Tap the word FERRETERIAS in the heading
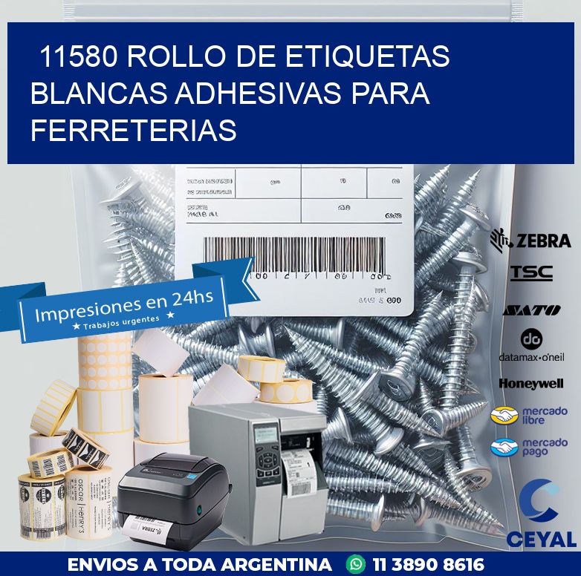(134, 131)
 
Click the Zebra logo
(530, 240)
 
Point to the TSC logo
(531, 273)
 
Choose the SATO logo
(531, 310)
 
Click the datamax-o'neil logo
(531, 346)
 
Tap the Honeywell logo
(531, 384)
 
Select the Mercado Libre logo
(529, 415)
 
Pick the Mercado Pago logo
(529, 448)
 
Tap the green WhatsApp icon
(357, 564)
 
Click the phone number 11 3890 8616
(427, 564)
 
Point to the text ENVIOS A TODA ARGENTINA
(199, 564)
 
